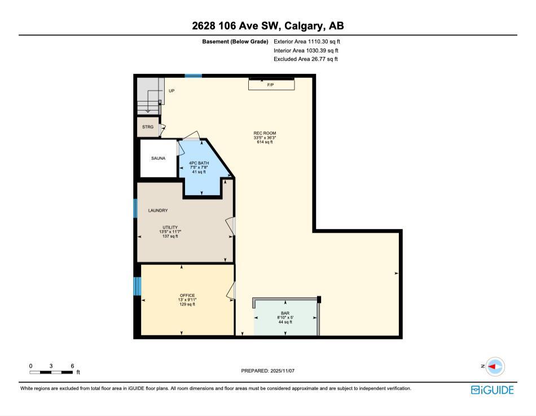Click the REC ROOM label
point(265,133)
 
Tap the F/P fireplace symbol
point(271,84)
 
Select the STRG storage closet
point(148,127)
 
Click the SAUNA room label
point(158,158)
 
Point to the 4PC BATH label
point(199,163)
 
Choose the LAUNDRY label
point(158,211)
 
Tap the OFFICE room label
point(187,295)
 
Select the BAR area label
point(285,313)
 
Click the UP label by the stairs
point(172,90)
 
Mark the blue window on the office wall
point(137,286)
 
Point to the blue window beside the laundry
point(135,208)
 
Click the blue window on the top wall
point(193,76)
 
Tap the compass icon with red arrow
point(495,366)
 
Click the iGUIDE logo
point(492,389)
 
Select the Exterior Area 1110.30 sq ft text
point(307,41)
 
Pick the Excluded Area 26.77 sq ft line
point(306,59)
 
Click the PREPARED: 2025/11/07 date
point(268,370)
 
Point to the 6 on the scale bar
point(72,366)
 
